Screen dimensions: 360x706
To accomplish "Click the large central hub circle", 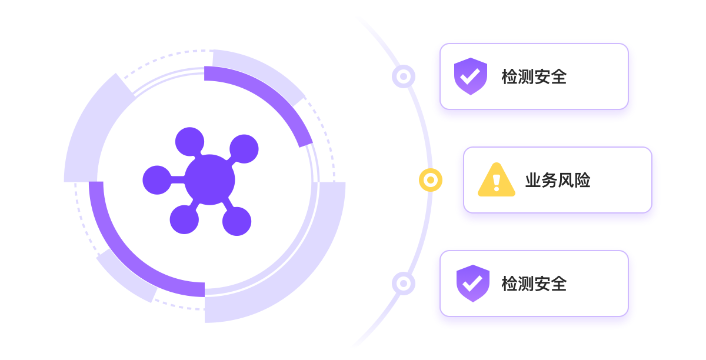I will pos(209,179).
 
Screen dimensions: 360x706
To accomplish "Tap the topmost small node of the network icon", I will pos(189,142).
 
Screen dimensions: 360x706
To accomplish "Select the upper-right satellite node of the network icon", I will pos(244,148).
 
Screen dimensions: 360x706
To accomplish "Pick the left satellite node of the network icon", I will pos(156,180).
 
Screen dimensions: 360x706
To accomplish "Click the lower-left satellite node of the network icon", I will pos(184,219).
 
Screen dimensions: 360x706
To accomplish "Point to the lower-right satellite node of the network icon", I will pos(237,221).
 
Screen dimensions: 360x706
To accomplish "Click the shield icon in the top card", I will pos(470,76).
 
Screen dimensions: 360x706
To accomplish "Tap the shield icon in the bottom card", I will pos(472,284).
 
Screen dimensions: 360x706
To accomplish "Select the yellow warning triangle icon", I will pos(496,180).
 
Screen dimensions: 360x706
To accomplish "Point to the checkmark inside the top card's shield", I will pos(469,76).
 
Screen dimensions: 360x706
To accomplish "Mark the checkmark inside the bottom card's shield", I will pos(472,284).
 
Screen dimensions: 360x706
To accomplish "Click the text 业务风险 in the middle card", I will pos(557,180).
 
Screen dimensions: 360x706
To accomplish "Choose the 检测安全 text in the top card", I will pos(534,76).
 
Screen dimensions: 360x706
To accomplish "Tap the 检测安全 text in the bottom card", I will pos(534,284).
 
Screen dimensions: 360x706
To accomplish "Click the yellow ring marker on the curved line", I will pos(431,179).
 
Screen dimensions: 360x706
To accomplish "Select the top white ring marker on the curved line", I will pos(404,76).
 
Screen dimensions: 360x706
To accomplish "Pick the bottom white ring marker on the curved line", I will pos(404,283).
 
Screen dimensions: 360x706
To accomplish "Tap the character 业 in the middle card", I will pos(533,180).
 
